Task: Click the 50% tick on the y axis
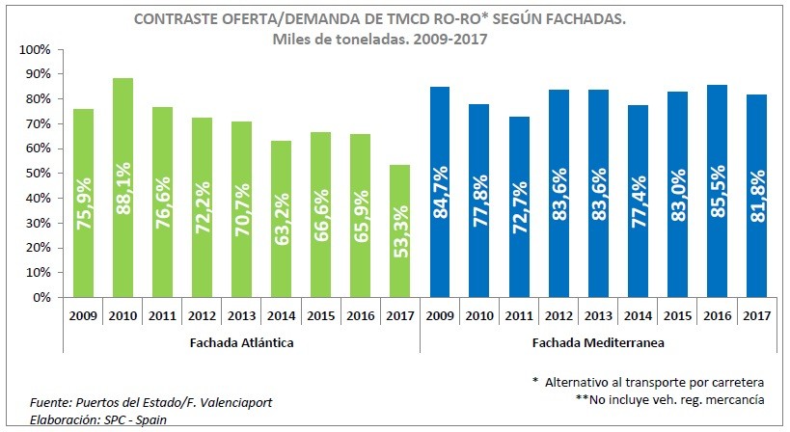(x=38, y=174)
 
